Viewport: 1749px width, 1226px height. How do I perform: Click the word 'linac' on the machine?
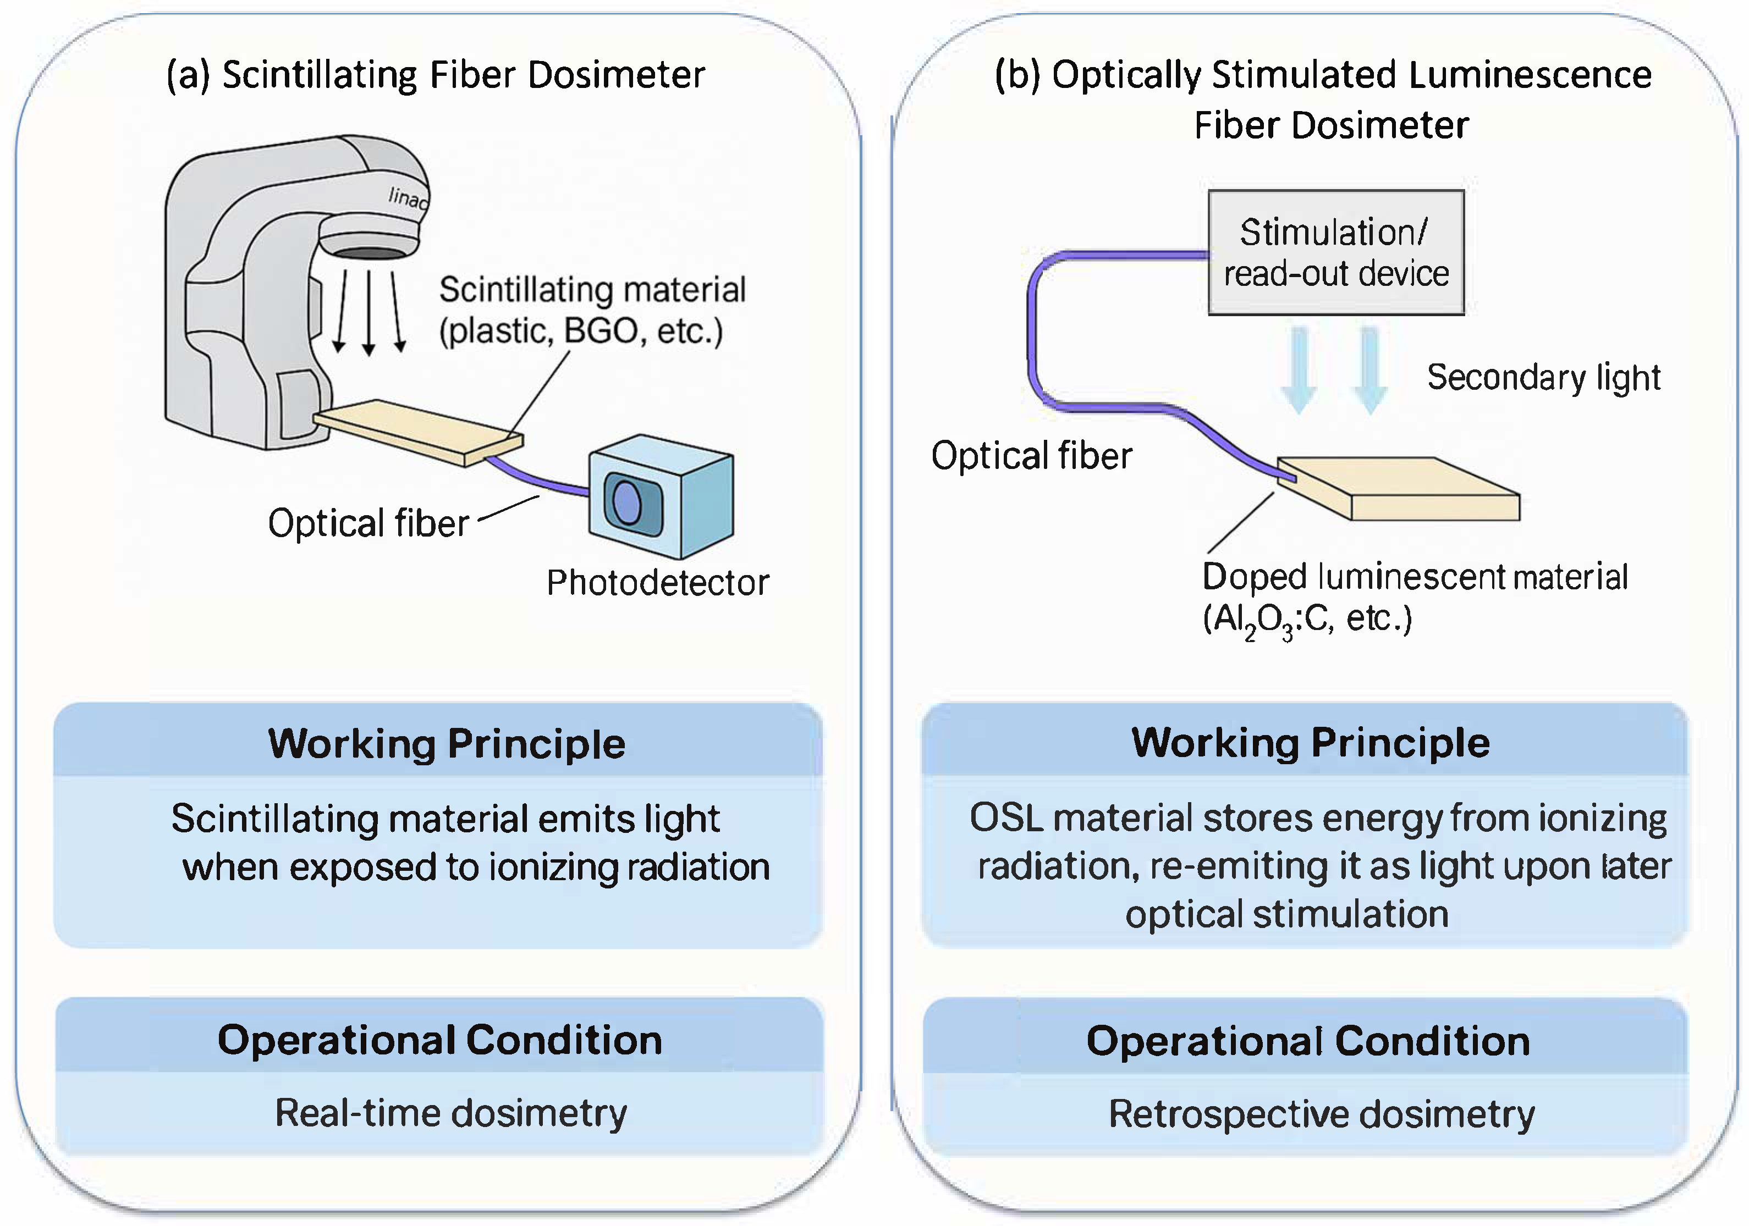tap(408, 198)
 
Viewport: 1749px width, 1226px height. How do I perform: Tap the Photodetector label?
tap(657, 583)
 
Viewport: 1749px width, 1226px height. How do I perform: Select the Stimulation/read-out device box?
tap(1335, 252)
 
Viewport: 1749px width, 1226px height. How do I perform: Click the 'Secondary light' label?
tap(1543, 378)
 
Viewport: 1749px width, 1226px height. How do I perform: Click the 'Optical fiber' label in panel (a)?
tap(368, 524)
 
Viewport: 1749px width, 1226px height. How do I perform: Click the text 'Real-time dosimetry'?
tap(451, 1113)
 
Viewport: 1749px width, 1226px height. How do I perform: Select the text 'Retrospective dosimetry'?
tap(1321, 1114)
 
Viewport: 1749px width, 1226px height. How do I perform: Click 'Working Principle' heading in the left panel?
tap(447, 744)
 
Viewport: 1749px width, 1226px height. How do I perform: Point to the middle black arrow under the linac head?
tap(369, 312)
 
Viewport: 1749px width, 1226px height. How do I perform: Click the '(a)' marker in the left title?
tap(188, 75)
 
